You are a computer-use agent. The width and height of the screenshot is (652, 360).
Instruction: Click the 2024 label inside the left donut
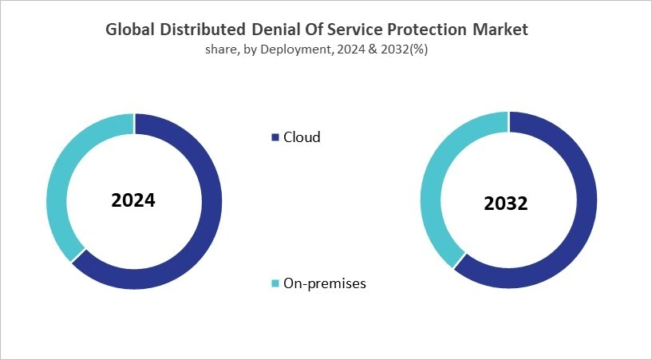pyautogui.click(x=133, y=200)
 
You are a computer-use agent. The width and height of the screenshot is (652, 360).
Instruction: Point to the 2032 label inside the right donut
pyautogui.click(x=506, y=204)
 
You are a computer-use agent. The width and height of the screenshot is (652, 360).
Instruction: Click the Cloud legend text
pyautogui.click(x=302, y=137)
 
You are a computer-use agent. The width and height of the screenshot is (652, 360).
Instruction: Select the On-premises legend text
pyautogui.click(x=325, y=283)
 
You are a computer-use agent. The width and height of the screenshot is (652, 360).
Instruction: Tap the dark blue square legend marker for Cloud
pyautogui.click(x=276, y=137)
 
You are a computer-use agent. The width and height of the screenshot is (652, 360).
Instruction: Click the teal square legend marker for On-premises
pyautogui.click(x=276, y=284)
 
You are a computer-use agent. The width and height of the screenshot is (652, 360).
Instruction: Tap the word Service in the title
pyautogui.click(x=358, y=30)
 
